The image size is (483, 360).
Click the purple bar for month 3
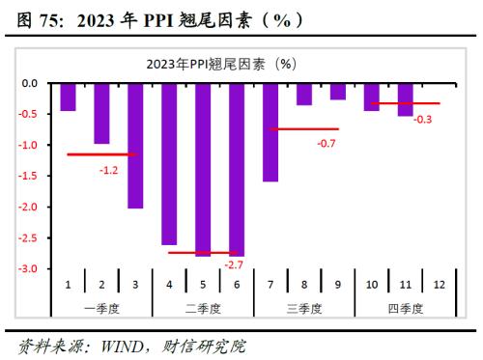135,146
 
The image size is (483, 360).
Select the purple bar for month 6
237,170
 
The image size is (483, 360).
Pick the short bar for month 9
338,92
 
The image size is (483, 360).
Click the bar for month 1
68,97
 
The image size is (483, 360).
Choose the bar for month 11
406,100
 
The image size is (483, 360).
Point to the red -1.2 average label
109,169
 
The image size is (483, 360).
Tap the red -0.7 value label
327,143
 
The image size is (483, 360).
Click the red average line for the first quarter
102,154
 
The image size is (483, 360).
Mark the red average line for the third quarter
304,128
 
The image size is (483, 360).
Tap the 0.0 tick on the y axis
30,84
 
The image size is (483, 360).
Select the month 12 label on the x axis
440,286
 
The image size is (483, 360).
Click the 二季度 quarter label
203,308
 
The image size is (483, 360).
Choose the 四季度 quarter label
406,308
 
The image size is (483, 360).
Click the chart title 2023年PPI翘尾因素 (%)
221,64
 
